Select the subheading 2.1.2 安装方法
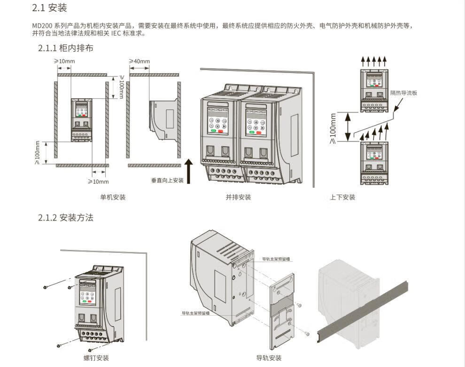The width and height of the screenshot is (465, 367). tap(65, 218)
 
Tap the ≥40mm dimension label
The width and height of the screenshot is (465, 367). tap(139, 62)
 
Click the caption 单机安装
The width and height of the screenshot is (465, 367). tap(113, 197)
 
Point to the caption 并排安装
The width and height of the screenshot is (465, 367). tap(238, 197)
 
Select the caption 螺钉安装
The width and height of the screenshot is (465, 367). tap(96, 358)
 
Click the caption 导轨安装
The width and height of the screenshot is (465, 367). tap(269, 358)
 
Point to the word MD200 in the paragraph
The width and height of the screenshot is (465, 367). tap(40, 25)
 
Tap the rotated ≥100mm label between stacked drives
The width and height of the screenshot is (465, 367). tap(333, 127)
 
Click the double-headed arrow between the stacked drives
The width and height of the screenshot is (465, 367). tap(348, 126)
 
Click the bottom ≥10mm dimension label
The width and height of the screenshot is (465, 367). tap(98, 181)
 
